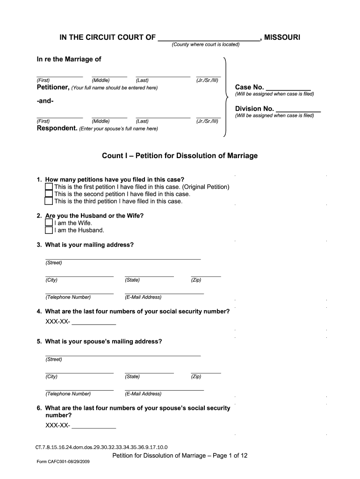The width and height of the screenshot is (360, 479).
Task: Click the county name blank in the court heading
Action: [x=209, y=38]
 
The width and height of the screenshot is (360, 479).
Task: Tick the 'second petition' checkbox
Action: [x=49, y=194]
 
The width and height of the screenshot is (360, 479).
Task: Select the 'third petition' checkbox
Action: [x=49, y=202]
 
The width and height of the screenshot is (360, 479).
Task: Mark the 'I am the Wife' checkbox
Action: [x=49, y=223]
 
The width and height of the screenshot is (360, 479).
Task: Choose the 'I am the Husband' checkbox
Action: [x=49, y=230]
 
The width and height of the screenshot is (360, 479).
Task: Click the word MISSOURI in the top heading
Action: [x=282, y=37]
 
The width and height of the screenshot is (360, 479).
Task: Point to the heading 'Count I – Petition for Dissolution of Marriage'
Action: [x=180, y=156]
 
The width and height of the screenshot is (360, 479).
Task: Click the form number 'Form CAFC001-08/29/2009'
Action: [x=63, y=462]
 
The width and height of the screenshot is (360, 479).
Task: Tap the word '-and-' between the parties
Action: [x=45, y=101]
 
